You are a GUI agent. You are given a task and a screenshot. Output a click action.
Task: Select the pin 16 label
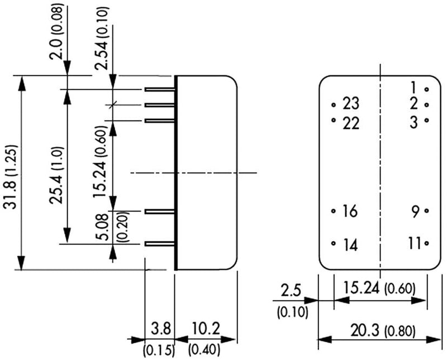[x=349, y=212]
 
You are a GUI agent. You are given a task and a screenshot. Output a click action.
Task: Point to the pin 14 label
[x=349, y=244]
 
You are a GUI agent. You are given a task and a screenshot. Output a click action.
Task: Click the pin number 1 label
[x=413, y=88]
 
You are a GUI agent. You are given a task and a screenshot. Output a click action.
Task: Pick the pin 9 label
[x=415, y=212]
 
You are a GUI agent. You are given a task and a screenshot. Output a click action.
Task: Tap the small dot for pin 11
[x=426, y=243]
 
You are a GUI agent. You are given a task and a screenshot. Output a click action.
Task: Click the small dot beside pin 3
[x=426, y=120]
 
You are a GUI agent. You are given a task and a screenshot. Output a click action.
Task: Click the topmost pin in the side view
[x=160, y=89]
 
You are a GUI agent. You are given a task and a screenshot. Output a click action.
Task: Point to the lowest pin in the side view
[x=160, y=244]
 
